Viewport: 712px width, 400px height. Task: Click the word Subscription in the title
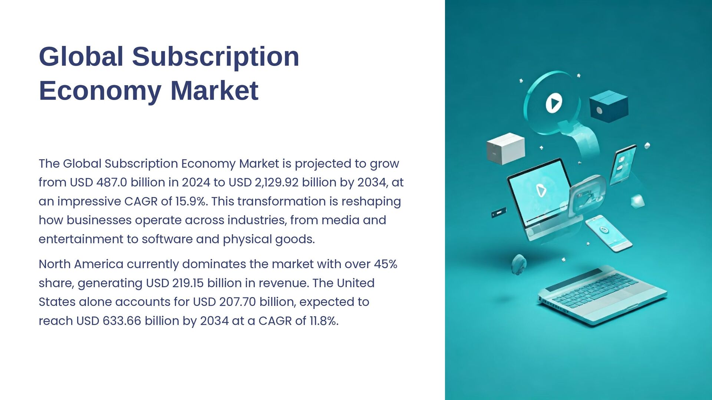[215, 57]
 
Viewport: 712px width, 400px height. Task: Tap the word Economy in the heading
[100, 91]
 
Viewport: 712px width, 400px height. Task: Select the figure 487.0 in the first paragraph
[112, 183]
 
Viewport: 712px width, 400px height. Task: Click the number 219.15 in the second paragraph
[188, 283]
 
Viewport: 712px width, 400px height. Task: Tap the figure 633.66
[122, 321]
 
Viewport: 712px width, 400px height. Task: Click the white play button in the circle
[554, 103]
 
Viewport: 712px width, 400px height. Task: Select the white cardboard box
[505, 149]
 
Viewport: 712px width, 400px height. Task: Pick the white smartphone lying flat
[608, 233]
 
